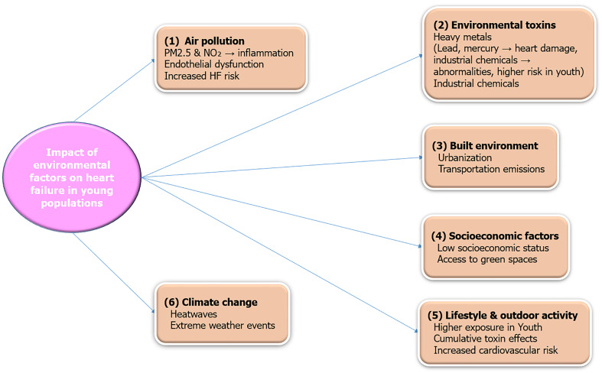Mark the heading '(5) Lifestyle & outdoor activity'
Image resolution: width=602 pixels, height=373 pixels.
tap(506, 314)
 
